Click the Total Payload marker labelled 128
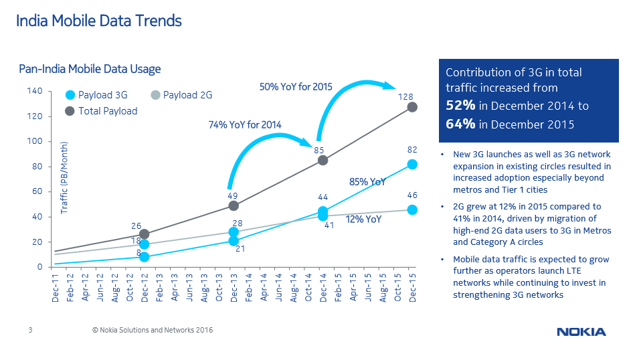click(x=412, y=107)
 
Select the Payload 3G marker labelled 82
click(x=412, y=164)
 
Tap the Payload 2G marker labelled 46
click(x=412, y=209)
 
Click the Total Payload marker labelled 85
click(x=323, y=160)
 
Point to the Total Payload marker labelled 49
click(x=234, y=205)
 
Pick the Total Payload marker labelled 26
click(x=144, y=234)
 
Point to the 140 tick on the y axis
click(x=35, y=91)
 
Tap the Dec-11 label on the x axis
click(x=55, y=288)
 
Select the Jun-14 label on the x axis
click(x=278, y=288)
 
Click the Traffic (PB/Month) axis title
click(x=65, y=178)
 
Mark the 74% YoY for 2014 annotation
click(x=245, y=124)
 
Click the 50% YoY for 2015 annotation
click(x=296, y=87)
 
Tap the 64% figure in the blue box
click(x=460, y=124)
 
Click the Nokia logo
click(x=581, y=332)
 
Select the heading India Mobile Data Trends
click(x=99, y=21)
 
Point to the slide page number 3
click(x=30, y=331)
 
